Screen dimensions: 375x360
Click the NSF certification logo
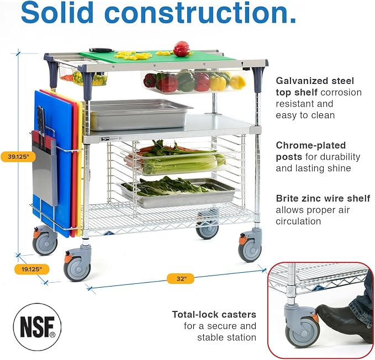pos(37,327)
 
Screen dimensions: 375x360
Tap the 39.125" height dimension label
pos(18,157)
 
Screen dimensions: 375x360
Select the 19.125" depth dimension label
pos(31,269)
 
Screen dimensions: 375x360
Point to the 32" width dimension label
pos(181,279)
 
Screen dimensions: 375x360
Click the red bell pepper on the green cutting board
pos(181,49)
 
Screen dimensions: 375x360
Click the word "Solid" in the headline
pos(57,12)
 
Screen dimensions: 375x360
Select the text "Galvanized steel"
pos(315,81)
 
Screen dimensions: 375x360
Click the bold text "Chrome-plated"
pos(311,145)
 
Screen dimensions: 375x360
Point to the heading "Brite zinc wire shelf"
pos(323,198)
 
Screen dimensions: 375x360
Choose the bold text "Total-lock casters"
pos(214,314)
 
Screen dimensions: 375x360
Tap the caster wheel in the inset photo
pos(302,332)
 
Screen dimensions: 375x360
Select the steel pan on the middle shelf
pos(139,115)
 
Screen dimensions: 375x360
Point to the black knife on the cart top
pos(101,50)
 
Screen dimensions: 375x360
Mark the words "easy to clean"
pos(305,115)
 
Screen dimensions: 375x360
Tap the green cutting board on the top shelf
pos(158,58)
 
